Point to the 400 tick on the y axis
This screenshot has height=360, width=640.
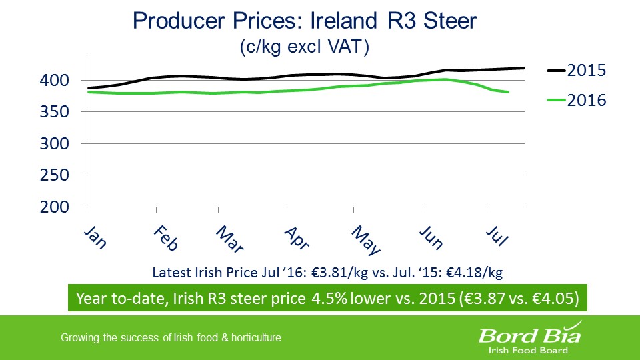55,81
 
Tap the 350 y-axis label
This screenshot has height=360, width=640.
55,112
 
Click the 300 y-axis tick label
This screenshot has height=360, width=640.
55,144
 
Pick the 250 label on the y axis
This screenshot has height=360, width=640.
55,175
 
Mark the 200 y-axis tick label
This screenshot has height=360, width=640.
55,207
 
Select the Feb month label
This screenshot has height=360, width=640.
165,238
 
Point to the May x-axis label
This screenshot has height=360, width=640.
366,240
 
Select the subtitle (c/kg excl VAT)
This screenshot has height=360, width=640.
304,47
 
